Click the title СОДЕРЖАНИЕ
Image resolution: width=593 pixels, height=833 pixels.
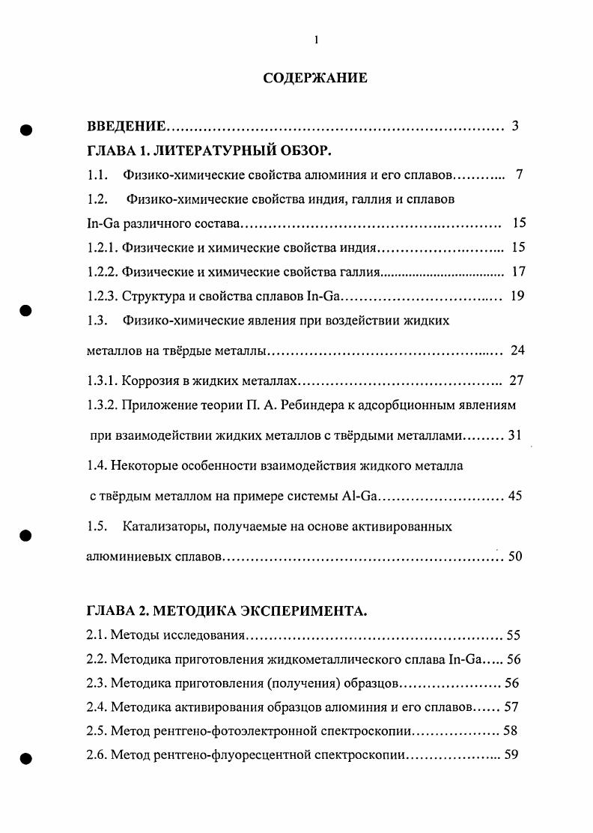[x=314, y=78]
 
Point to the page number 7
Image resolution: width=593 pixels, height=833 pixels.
[x=519, y=175]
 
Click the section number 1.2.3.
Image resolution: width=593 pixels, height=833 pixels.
[x=102, y=296]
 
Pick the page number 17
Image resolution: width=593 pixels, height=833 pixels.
[x=517, y=271]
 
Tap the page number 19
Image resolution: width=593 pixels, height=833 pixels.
[x=517, y=296]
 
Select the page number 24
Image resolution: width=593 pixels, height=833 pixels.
[x=517, y=350]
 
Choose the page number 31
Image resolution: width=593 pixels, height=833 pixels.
[x=514, y=435]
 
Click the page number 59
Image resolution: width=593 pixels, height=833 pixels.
[x=512, y=754]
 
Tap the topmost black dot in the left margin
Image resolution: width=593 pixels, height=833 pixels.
[x=25, y=129]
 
